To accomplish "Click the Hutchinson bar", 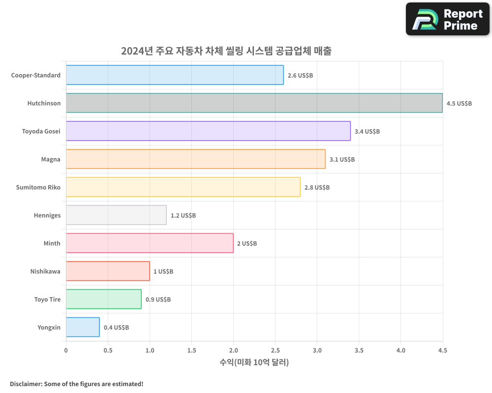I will pyautogui.click(x=254, y=103).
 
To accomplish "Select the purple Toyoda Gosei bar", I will pyautogui.click(x=208, y=131).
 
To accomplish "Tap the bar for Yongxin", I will pyautogui.click(x=83, y=327).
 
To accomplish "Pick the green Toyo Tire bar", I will pyautogui.click(x=103, y=299).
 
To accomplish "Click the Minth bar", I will pyautogui.click(x=150, y=243).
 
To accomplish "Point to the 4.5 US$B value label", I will pyautogui.click(x=459, y=104).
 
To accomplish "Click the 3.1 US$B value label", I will pyautogui.click(x=342, y=160).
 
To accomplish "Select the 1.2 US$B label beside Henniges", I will pyautogui.click(x=183, y=216).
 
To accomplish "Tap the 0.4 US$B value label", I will pyautogui.click(x=116, y=328).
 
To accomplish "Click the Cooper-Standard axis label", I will pyautogui.click(x=36, y=75).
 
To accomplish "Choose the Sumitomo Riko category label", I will pyautogui.click(x=38, y=187).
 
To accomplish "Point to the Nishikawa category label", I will pyautogui.click(x=45, y=271).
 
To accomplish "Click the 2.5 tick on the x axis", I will pyautogui.click(x=275, y=350).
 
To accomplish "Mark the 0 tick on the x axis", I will pyautogui.click(x=66, y=350).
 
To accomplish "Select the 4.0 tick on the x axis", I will pyautogui.click(x=400, y=350).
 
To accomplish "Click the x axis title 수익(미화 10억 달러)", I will pyautogui.click(x=254, y=363).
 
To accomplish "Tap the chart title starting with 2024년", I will pyautogui.click(x=226, y=51).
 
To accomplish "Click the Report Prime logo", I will pyautogui.click(x=448, y=19).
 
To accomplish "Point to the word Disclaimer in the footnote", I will pyautogui.click(x=26, y=384).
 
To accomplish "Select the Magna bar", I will pyautogui.click(x=195, y=159).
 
